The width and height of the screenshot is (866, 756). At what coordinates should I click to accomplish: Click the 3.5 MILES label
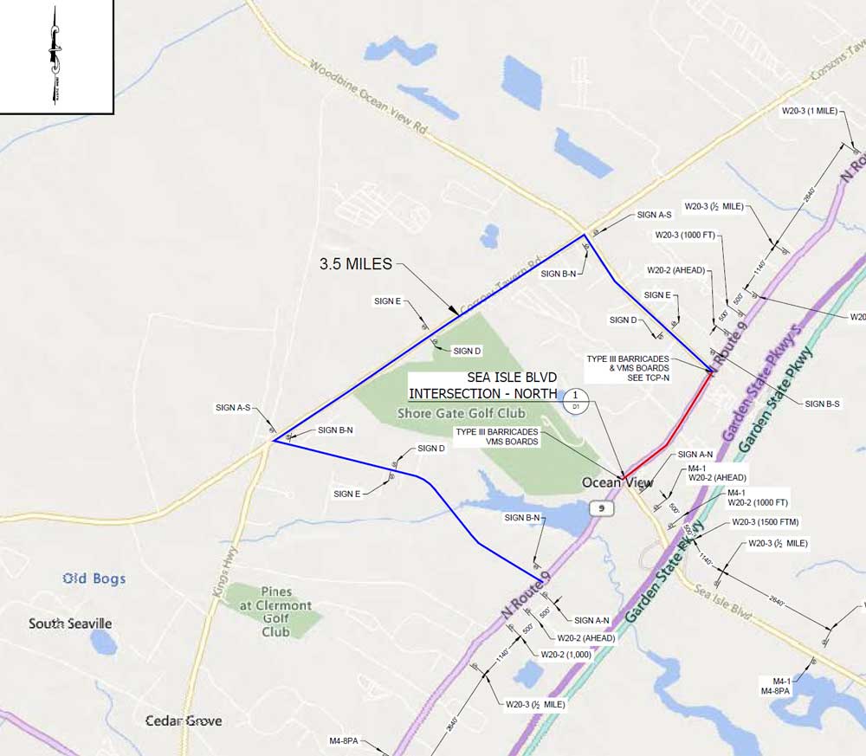click(x=356, y=263)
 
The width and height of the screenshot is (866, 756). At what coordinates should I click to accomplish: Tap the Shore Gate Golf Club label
click(x=461, y=413)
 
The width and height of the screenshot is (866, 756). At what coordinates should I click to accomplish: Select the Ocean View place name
click(x=612, y=482)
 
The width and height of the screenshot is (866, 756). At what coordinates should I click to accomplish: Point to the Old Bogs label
click(x=94, y=578)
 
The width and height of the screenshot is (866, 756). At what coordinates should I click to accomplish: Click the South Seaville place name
click(x=70, y=624)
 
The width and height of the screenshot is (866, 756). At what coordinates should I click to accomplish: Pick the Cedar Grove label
click(x=184, y=720)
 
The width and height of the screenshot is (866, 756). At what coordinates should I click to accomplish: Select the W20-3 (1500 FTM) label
click(x=765, y=522)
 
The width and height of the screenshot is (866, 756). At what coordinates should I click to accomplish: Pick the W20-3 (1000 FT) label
click(x=684, y=235)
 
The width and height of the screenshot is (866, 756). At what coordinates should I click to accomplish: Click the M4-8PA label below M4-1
click(x=775, y=690)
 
